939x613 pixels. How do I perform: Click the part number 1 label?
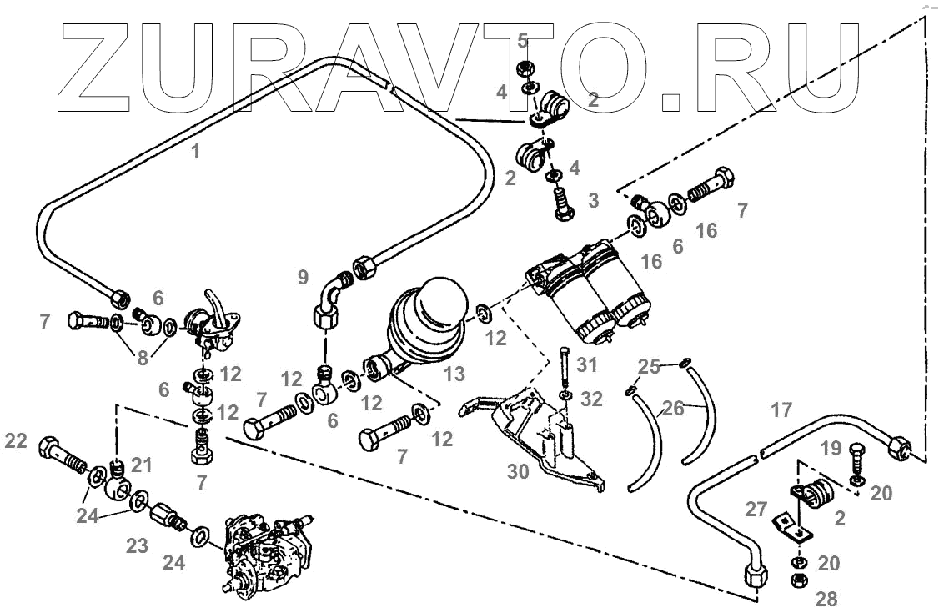click(x=196, y=152)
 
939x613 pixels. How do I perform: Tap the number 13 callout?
click(x=454, y=374)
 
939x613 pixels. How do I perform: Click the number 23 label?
click(x=138, y=546)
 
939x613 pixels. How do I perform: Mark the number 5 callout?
click(x=522, y=39)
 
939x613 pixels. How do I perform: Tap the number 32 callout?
click(x=590, y=399)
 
